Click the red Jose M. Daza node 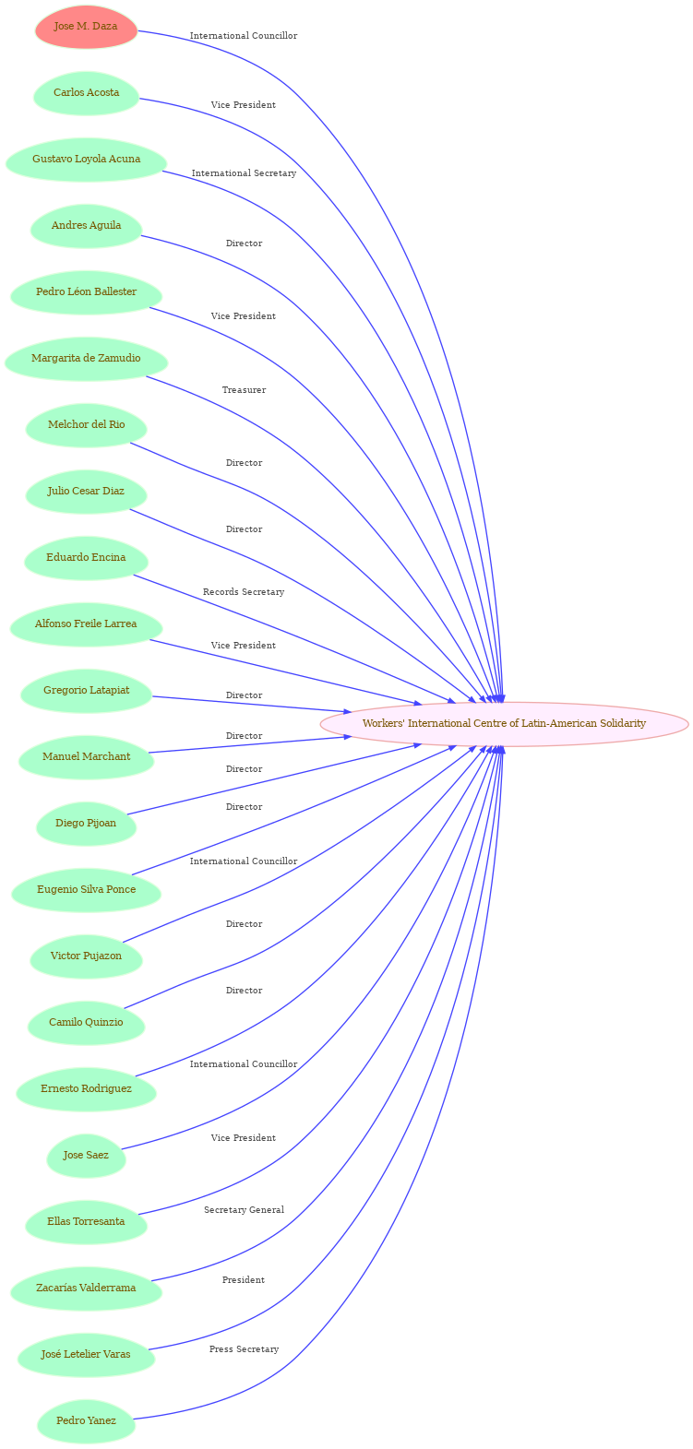(86, 27)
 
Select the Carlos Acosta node (86, 93)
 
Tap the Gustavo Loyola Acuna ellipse (86, 160)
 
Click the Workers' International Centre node (504, 724)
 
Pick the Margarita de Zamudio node (86, 359)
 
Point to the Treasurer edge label (244, 390)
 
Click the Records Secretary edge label (244, 592)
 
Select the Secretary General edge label (244, 1210)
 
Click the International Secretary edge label (244, 173)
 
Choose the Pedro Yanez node (86, 1420)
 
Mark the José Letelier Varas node (86, 1355)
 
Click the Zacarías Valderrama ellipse (86, 1288)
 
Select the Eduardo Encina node (86, 558)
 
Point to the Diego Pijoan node (86, 824)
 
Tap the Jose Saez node (86, 1156)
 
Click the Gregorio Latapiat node (86, 690)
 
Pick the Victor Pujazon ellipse (86, 956)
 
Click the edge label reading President (244, 1280)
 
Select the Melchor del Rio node (86, 425)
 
